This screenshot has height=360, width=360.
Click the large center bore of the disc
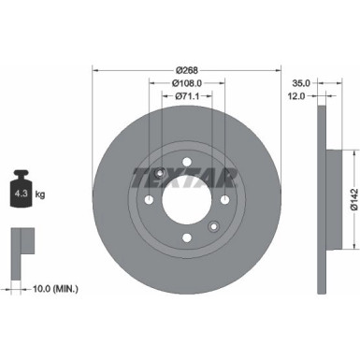click(x=187, y=200)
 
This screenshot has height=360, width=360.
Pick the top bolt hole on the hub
click(x=187, y=164)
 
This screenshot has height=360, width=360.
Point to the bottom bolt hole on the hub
click(x=187, y=237)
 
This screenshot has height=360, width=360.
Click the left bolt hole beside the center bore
click(x=151, y=200)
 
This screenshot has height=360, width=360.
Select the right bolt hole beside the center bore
click(x=224, y=200)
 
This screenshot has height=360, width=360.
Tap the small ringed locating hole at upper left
click(x=162, y=175)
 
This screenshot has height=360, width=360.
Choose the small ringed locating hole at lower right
click(x=213, y=225)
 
